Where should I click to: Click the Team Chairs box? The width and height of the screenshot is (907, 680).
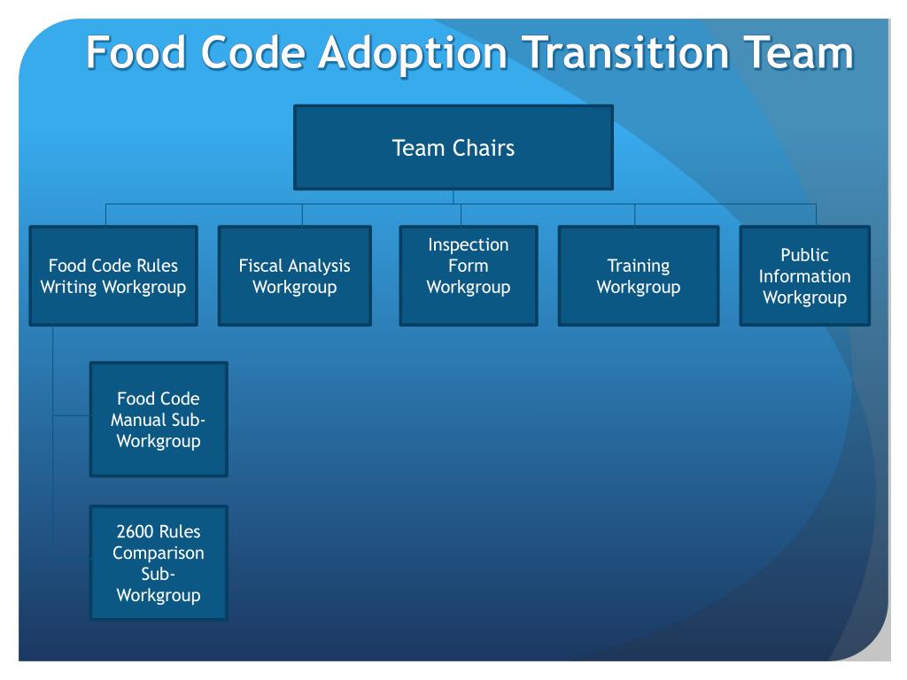pos(453,147)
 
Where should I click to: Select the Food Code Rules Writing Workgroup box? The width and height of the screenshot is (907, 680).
pos(112,275)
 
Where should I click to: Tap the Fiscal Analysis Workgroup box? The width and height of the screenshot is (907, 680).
pos(294,275)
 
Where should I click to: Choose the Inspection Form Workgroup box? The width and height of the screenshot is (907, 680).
pos(468,275)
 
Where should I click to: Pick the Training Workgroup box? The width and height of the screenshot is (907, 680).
pos(638,275)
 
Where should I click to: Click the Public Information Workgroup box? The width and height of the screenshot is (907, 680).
pos(804,275)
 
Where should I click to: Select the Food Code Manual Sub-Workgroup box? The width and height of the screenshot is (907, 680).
pos(158,419)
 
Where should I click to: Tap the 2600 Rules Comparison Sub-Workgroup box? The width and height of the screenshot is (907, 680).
pos(158,562)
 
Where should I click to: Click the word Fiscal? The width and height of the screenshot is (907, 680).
pos(263,266)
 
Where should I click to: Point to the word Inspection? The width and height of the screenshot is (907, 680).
pos(468,244)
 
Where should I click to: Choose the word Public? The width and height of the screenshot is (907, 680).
pos(804,255)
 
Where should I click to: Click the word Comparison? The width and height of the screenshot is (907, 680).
pos(158,552)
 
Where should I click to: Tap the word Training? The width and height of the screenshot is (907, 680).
pos(638,266)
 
